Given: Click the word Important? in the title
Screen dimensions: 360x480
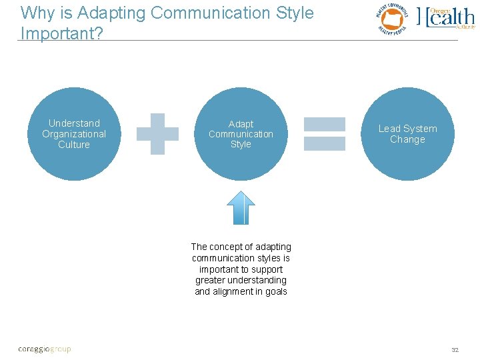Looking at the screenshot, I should click(62, 33).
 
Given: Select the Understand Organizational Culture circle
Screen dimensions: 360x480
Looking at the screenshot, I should click(74, 134).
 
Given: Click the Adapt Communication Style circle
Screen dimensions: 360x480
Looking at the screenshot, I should click(241, 134).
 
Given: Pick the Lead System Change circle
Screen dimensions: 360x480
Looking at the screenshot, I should click(407, 134).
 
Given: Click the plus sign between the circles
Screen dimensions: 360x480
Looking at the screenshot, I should click(157, 134).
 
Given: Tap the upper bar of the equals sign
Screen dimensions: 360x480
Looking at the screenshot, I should click(325, 124).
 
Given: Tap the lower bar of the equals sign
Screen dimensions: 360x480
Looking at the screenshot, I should click(325, 143).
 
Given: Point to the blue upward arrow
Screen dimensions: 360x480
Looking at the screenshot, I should click(241, 207).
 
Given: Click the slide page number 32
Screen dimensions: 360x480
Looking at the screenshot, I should click(455, 349).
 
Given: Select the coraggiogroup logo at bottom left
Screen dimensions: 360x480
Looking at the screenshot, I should click(44, 349).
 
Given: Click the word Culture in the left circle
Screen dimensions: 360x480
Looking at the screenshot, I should click(74, 145).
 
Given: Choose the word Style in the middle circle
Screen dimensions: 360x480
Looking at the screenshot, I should click(241, 145).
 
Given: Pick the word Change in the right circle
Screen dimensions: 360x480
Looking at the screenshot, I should click(407, 139).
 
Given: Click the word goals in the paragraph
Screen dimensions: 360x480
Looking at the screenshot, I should click(276, 291).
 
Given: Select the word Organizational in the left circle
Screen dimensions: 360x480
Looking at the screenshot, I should click(74, 134).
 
